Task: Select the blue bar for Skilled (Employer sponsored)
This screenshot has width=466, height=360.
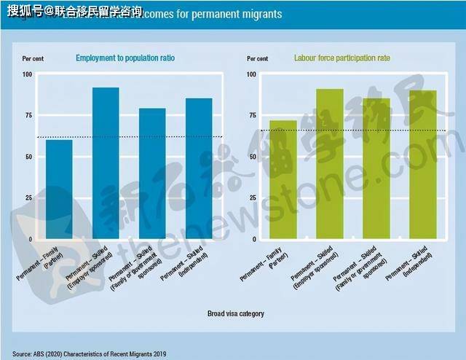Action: click(x=106, y=163)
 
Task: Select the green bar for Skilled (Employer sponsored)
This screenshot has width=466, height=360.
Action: click(x=330, y=164)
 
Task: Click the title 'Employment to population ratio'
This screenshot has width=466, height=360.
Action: click(x=125, y=58)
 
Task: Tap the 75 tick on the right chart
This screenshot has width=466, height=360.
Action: click(x=252, y=115)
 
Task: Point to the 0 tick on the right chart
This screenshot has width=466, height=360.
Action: click(x=254, y=239)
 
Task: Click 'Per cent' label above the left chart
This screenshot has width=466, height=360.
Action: click(x=32, y=58)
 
